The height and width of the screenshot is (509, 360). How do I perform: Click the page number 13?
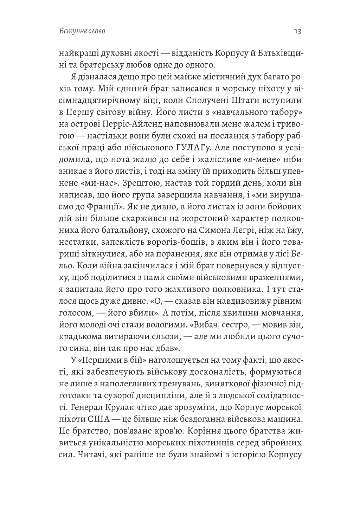point(297,32)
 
